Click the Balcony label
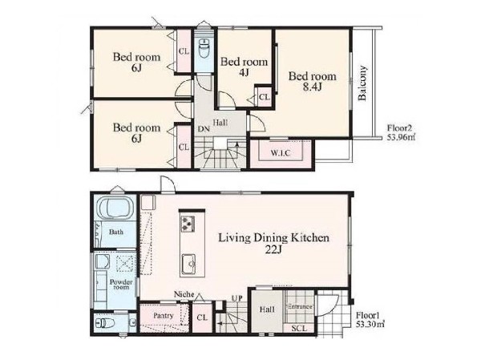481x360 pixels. (x=362, y=83)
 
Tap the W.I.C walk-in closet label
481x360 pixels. (x=281, y=152)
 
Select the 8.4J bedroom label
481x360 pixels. (x=313, y=81)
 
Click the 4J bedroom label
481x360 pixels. (x=244, y=67)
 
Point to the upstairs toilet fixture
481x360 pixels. (x=204, y=48)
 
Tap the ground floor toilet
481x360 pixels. (x=104, y=323)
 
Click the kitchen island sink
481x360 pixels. (x=189, y=264)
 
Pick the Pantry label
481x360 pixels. (x=164, y=315)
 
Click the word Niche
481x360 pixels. (x=184, y=294)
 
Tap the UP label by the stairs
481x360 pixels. (x=236, y=298)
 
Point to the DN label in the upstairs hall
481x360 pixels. (x=204, y=129)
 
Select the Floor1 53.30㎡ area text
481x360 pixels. (x=370, y=319)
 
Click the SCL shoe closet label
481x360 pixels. (x=299, y=329)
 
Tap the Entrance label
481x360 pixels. (x=301, y=306)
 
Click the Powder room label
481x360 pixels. (x=121, y=285)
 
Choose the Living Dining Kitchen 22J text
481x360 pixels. (x=273, y=244)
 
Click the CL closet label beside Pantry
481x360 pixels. (x=202, y=318)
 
